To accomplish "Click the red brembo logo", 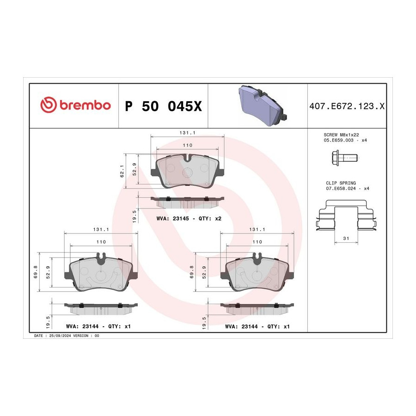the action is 75,104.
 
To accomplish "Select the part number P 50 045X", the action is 164,106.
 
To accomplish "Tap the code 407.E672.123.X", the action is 347,106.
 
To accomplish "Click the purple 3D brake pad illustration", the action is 263,105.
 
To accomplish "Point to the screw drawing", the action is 345,158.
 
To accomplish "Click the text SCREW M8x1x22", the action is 341,135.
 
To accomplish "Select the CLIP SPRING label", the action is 341,183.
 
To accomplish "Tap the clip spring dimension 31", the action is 346,238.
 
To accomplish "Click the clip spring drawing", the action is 346,215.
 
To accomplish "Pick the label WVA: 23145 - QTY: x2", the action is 189,219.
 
